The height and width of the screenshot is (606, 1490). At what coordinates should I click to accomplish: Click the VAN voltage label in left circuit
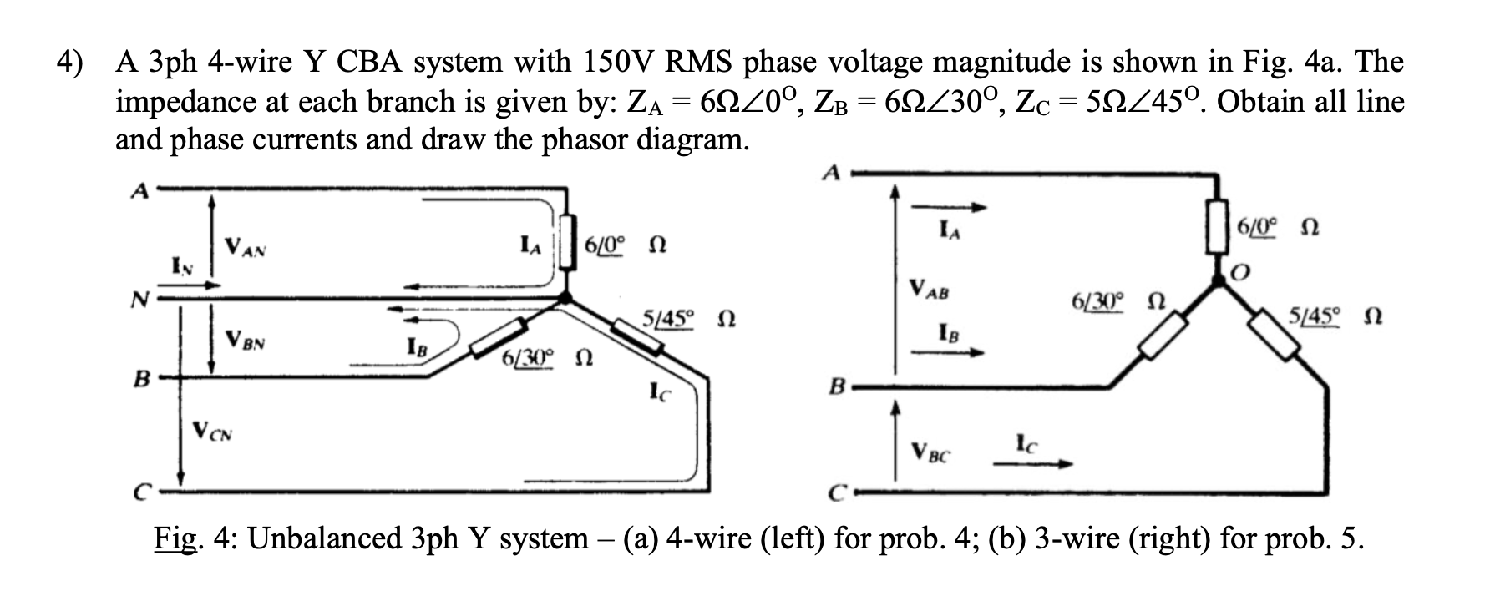coord(246,248)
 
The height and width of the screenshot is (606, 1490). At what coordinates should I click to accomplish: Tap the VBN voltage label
coord(246,341)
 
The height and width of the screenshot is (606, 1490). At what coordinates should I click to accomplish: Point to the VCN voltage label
coord(213,432)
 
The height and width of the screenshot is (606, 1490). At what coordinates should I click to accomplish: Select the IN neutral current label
coord(181,268)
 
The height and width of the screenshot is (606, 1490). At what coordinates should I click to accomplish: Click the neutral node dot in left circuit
coord(566,298)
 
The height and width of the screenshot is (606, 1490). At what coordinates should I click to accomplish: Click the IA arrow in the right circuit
coord(949,208)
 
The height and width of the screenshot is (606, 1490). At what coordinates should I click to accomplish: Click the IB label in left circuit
coord(415,346)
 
